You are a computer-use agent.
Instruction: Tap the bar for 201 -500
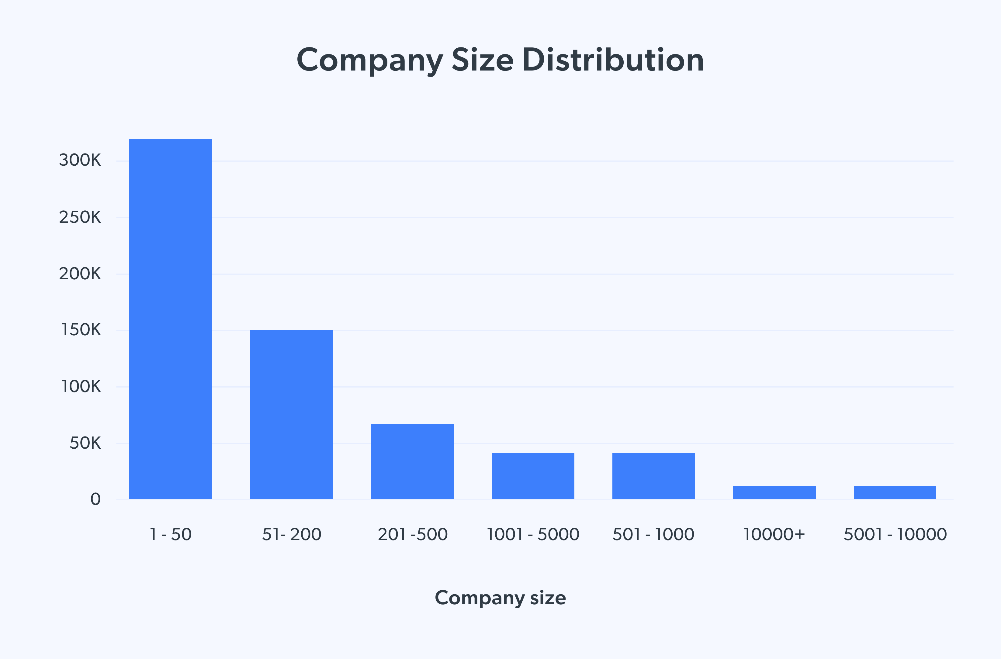412,461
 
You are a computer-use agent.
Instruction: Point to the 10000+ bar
774,492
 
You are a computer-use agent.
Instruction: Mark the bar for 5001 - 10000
895,492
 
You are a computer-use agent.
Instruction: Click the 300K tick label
80,160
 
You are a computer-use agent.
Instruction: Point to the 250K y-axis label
80,217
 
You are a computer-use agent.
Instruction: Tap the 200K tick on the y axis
80,274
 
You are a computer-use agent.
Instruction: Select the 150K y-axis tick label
81,330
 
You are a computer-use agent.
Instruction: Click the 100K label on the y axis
81,386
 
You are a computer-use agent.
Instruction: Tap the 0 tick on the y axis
95,499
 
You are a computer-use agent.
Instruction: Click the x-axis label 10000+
774,534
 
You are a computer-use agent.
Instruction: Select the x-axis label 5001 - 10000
895,534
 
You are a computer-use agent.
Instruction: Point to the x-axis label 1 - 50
170,534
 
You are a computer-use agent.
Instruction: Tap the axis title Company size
500,598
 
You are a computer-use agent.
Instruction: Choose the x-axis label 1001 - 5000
533,534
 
